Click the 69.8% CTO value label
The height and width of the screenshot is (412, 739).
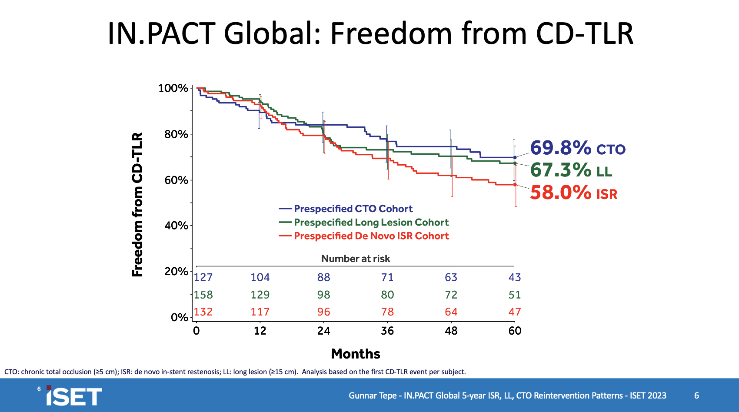[577, 148]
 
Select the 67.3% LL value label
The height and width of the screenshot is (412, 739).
[571, 170]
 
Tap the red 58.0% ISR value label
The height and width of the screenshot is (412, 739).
[573, 193]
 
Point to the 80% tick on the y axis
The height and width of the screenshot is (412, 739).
[176, 134]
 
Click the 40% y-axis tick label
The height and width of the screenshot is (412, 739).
[176, 226]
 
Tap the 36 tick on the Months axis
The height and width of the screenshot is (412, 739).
[387, 331]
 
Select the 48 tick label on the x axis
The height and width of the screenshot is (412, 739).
[451, 331]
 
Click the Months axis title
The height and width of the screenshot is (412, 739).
[356, 354]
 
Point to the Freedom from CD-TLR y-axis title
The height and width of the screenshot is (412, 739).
[137, 205]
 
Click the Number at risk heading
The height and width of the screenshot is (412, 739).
[356, 259]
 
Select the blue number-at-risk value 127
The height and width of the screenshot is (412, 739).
[203, 277]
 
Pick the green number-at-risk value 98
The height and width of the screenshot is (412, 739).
[324, 295]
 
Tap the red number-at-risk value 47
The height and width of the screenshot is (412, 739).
[515, 312]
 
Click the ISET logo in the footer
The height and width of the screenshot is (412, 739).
[74, 396]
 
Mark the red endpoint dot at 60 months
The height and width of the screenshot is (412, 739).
[515, 185]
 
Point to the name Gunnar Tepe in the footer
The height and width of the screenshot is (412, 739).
[373, 395]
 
